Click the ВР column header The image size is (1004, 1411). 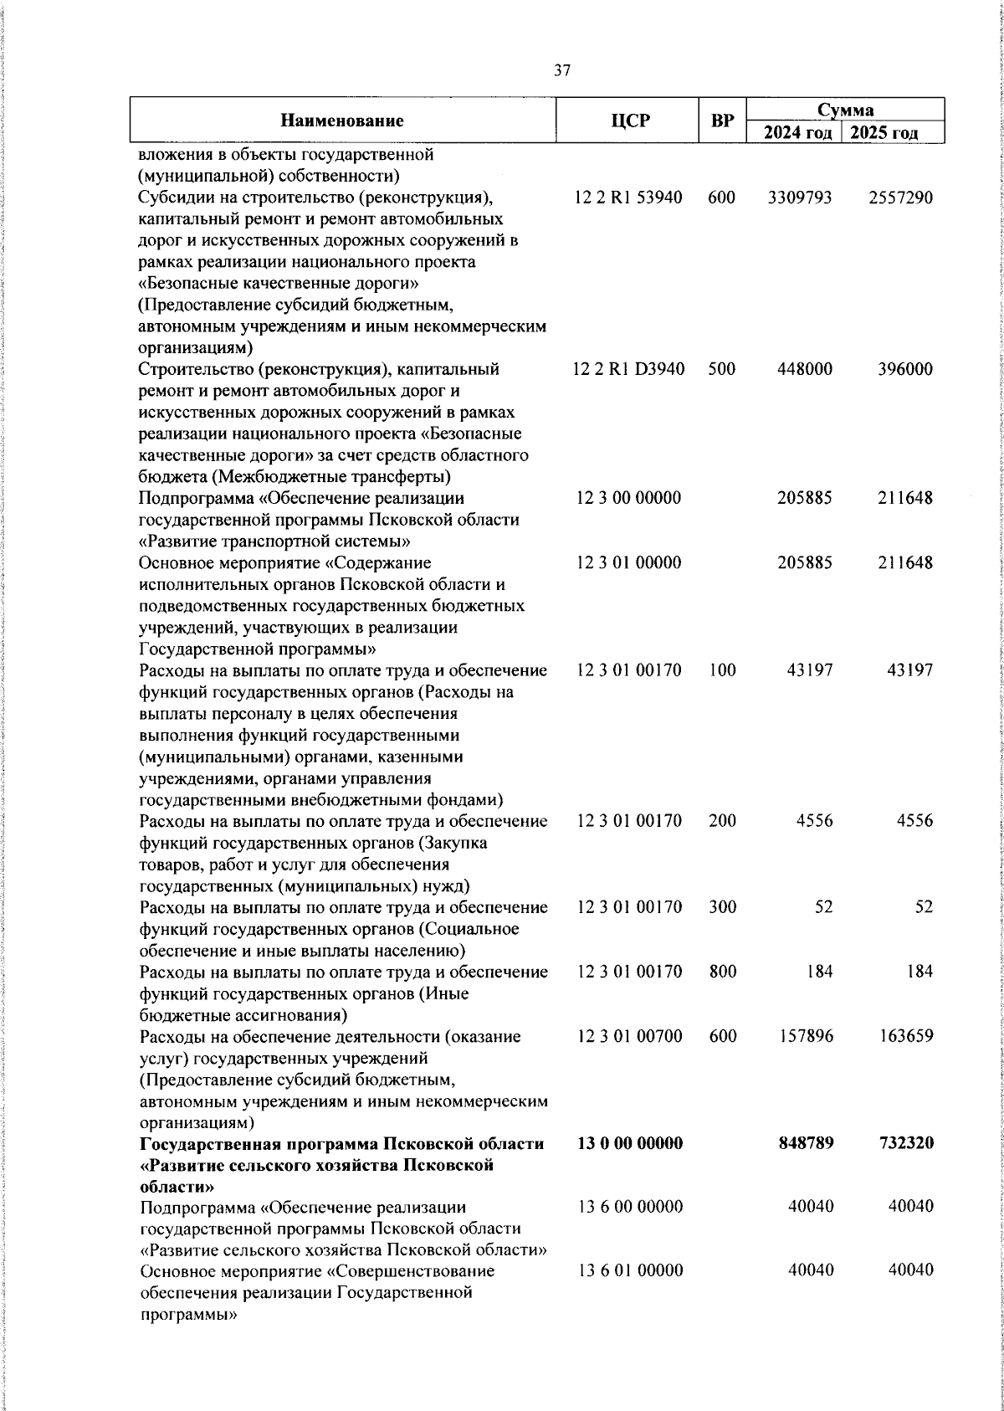pos(721,121)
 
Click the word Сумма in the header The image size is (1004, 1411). pos(845,110)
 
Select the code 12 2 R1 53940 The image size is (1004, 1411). pos(628,198)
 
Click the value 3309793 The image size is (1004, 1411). pos(801,198)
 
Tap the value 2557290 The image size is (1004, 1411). pos(900,198)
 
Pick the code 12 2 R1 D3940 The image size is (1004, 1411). pos(629,369)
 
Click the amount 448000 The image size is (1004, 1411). pos(805,369)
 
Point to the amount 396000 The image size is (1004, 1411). pos(905,369)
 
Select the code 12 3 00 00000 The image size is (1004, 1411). pos(629,498)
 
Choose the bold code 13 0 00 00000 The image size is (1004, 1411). pos(629,1143)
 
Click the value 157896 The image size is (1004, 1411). pos(805,1036)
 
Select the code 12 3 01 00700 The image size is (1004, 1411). pos(629,1036)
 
